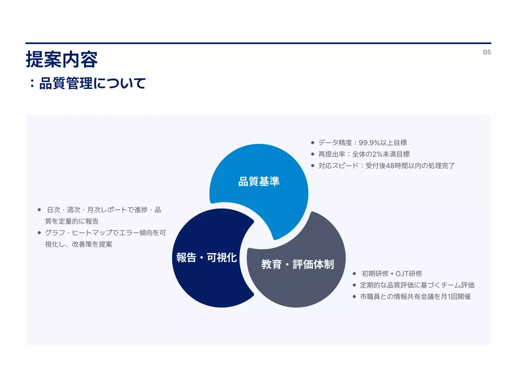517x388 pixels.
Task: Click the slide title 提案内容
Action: coord(61,60)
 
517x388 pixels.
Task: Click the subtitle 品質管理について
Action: coord(92,84)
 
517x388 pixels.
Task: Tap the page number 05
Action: coord(487,52)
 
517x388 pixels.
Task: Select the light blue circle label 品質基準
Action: coord(259,181)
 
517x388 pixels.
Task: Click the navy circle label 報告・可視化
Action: coord(206,257)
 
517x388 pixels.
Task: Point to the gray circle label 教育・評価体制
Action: coord(298,264)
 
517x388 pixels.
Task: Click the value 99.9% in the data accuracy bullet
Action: coord(369,143)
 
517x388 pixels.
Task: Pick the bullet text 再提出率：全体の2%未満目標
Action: coord(364,154)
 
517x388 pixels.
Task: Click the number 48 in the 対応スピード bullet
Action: coord(390,166)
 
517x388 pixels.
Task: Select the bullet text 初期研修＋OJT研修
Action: coord(392,274)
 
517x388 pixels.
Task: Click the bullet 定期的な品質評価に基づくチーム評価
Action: coord(417,285)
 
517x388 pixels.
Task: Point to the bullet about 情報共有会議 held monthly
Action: coord(415,297)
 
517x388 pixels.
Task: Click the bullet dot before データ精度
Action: coord(313,143)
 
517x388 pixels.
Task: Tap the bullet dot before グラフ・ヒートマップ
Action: coord(39,233)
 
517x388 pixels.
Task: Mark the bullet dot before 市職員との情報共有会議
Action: coord(354,297)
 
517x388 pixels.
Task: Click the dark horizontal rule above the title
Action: coord(258,43)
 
